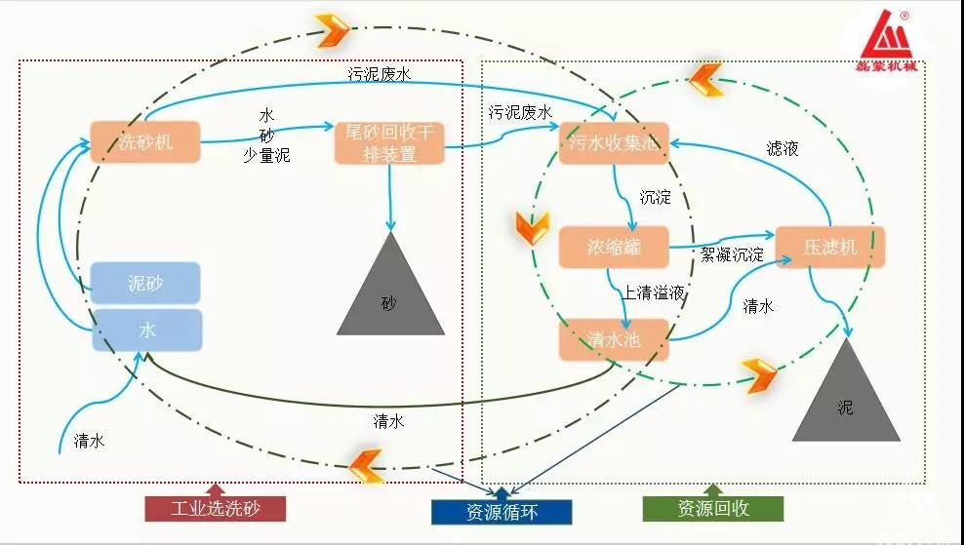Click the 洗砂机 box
(x=145, y=142)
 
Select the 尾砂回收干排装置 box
(x=389, y=142)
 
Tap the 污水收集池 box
(x=614, y=142)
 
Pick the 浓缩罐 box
(x=614, y=247)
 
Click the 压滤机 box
(x=830, y=247)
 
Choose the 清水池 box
(x=614, y=338)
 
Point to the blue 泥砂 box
(x=145, y=283)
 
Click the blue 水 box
(x=146, y=331)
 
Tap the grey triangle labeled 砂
(x=389, y=292)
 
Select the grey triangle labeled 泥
(x=845, y=400)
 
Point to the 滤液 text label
(x=783, y=149)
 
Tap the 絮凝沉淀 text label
(x=732, y=255)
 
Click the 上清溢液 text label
(x=653, y=292)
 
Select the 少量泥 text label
(x=266, y=154)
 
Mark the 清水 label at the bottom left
(x=89, y=442)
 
